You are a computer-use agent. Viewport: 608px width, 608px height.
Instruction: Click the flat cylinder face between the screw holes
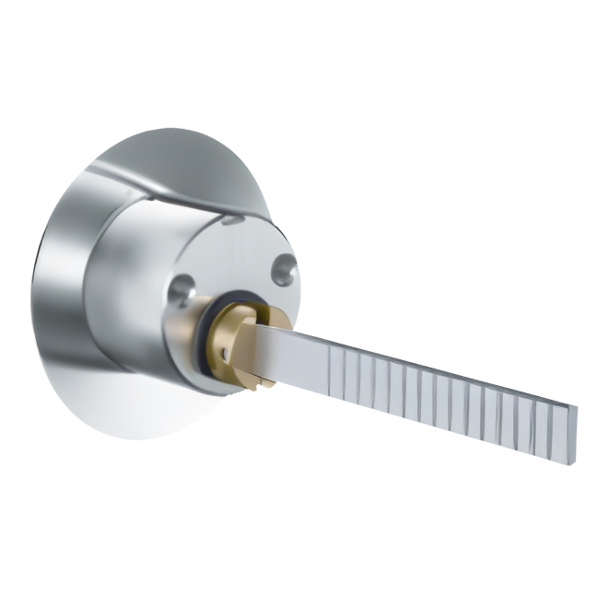(230, 267)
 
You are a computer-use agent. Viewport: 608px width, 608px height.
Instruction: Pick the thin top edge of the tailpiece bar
(415, 355)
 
